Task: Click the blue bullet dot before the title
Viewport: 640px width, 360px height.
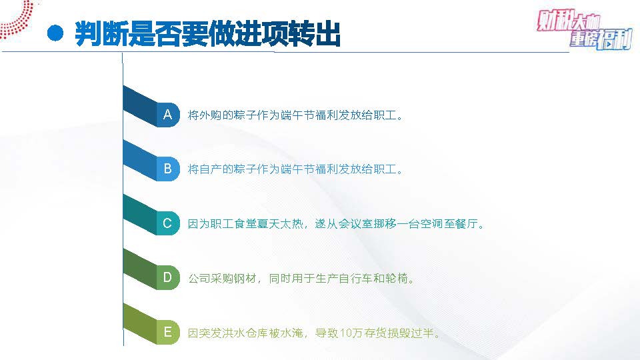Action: (55, 33)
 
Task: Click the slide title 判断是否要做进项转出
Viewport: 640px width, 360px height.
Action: (208, 33)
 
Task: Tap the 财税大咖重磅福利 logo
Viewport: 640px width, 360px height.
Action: (585, 29)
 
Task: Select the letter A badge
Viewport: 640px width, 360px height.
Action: (167, 114)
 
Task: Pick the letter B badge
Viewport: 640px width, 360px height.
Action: (167, 169)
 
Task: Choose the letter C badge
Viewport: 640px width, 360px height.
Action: (167, 223)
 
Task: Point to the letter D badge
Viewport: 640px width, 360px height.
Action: (167, 277)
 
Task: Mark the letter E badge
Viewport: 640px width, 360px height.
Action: (167, 332)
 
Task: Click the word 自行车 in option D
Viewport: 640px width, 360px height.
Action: (355, 279)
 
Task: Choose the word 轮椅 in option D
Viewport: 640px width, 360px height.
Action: (397, 279)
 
